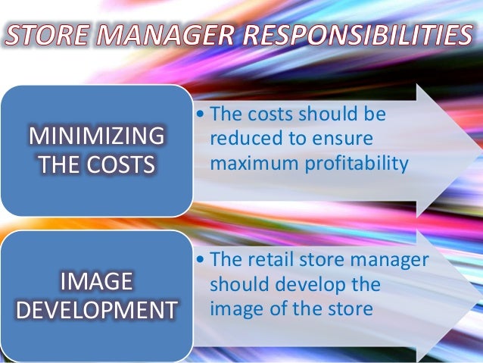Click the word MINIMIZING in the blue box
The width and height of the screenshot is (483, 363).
[96, 137]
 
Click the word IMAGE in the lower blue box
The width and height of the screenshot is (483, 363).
[96, 283]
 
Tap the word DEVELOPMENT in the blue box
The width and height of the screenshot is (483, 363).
[96, 309]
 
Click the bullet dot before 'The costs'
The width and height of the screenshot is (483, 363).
[199, 114]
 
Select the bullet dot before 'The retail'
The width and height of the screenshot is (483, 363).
[199, 259]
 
